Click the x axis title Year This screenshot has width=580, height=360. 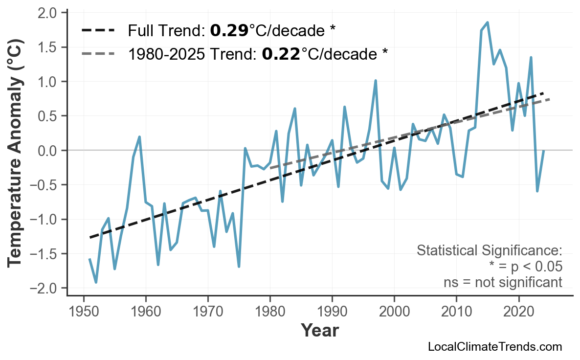pos(319,331)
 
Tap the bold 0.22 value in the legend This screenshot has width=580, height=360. pos(281,53)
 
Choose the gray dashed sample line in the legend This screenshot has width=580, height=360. pos(98,53)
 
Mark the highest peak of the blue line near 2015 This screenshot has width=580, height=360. pos(488,22)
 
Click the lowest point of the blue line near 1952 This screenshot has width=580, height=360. pos(96,282)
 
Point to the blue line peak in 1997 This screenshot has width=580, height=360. pos(376,81)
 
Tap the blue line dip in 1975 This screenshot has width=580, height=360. pos(239,267)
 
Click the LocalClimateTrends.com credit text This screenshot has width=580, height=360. pos(494,347)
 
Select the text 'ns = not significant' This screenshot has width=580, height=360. pos(503,282)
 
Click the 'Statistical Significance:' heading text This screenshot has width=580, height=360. pos(489,251)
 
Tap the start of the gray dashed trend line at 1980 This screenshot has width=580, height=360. pos(270,168)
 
